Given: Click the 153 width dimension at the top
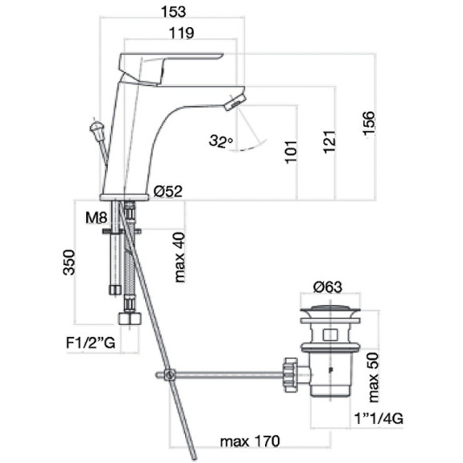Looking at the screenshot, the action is tap(173, 11).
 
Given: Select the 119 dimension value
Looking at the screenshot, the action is tap(181, 33).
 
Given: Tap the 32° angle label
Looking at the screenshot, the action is tap(221, 140).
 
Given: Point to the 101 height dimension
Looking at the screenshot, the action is tap(291, 152).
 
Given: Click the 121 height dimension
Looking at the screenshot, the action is tap(330, 142).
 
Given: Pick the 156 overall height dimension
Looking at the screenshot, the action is tap(369, 124).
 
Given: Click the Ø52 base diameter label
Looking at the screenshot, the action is tap(168, 192).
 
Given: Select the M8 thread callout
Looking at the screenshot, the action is tap(97, 218).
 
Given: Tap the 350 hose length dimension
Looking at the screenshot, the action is tap(69, 263).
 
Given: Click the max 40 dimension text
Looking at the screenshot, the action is tap(180, 258).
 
